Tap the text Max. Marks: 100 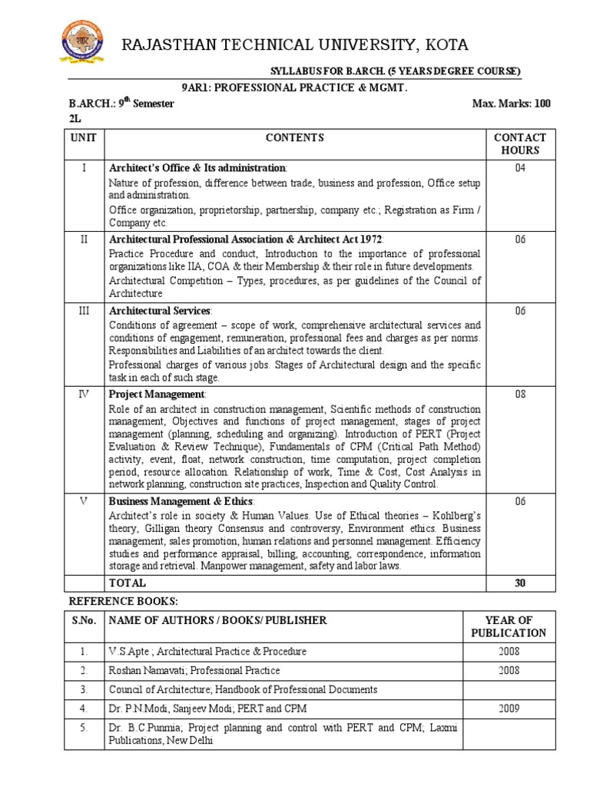coord(512,104)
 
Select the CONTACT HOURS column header coord(520,144)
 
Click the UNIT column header coord(85,138)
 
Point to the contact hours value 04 coord(520,167)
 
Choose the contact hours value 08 coord(520,394)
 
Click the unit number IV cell coord(85,394)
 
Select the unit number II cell coord(85,239)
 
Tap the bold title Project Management coord(157,394)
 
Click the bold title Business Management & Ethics coord(181,500)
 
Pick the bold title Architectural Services coord(160,310)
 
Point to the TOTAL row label coord(128,583)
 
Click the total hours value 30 coord(520,583)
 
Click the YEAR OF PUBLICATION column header coord(508,626)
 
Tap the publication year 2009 coord(508,708)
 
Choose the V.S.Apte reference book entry coord(207,652)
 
